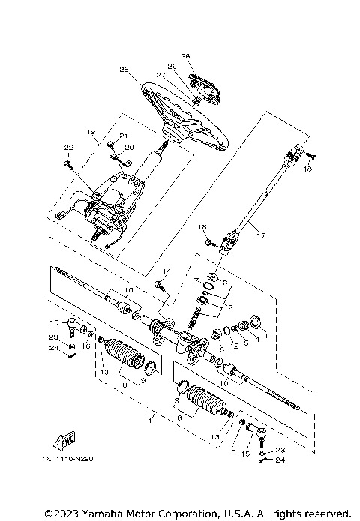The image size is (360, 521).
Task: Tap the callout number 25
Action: coord(124,70)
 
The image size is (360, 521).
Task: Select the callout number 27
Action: coord(160,75)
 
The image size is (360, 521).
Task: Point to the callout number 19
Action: coord(91,132)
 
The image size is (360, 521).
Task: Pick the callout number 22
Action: coord(67,148)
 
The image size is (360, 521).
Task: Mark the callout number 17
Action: coord(260,235)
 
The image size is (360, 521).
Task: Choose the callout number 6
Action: coord(220,348)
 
